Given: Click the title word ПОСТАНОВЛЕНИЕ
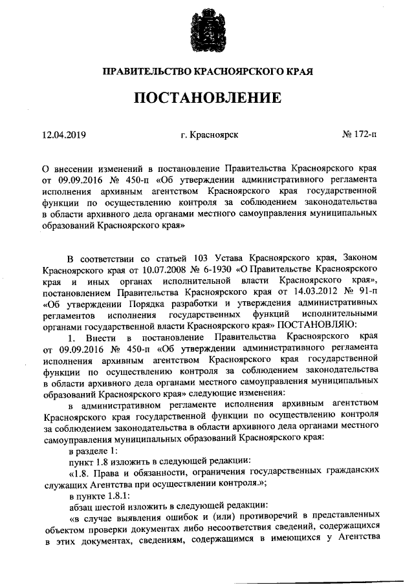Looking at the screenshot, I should [207, 98].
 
